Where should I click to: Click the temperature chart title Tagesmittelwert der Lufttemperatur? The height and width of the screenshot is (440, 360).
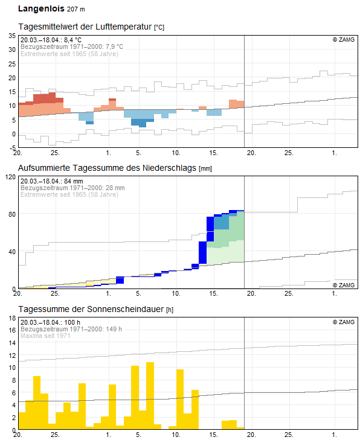(85, 27)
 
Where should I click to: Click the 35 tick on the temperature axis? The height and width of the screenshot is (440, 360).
(11, 36)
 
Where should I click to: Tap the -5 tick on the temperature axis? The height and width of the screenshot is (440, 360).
(11, 147)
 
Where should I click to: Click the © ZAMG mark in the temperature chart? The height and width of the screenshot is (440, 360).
(344, 40)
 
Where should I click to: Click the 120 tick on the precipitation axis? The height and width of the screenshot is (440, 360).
(10, 177)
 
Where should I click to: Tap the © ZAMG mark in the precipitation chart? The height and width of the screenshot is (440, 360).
(344, 284)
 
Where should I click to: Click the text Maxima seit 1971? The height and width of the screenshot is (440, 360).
(45, 336)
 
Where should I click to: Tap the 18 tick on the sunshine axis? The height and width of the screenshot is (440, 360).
(11, 330)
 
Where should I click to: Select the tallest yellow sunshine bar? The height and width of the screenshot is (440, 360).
(150, 395)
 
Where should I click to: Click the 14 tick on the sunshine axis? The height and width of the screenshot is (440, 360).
(11, 343)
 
